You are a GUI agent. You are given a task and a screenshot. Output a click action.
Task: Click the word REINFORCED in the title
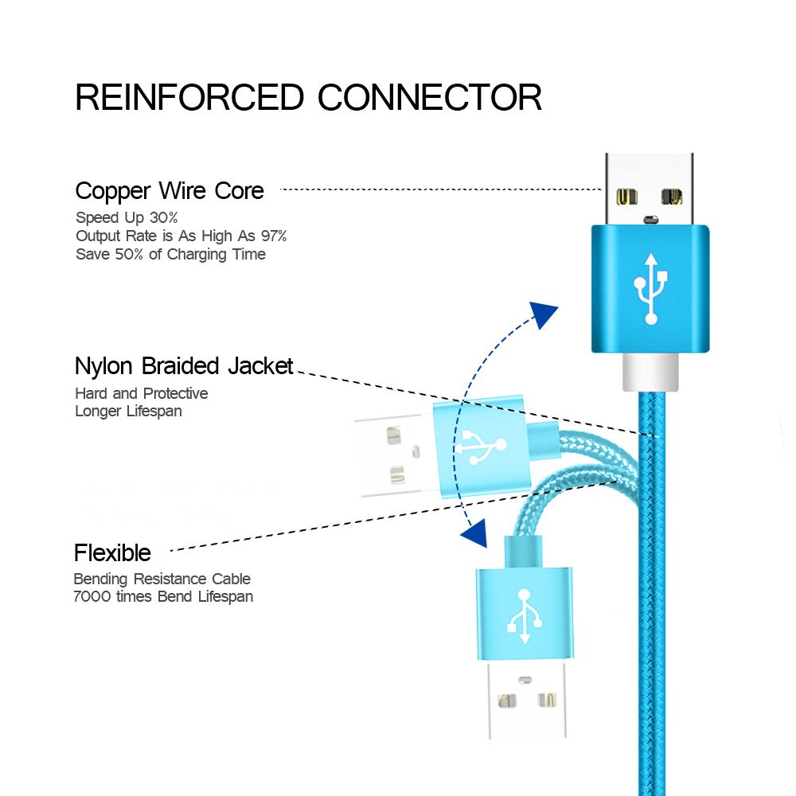(189, 97)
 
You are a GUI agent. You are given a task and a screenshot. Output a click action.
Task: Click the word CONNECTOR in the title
(430, 97)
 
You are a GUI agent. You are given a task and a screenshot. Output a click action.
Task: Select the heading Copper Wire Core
(170, 191)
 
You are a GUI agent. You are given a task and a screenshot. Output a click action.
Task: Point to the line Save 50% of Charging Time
(170, 255)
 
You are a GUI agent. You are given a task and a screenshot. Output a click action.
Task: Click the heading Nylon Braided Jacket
(184, 366)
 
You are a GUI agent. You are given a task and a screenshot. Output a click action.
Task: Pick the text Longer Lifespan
(128, 412)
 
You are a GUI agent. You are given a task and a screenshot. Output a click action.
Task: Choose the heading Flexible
(112, 552)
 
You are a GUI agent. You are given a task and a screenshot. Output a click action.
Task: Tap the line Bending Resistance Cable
(162, 579)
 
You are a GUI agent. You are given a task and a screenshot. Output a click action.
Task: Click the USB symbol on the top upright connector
(651, 288)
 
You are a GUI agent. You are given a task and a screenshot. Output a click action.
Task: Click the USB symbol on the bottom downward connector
(525, 616)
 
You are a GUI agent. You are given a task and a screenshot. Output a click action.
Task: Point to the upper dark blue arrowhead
(544, 314)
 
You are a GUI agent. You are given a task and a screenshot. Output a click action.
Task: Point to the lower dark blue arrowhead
(475, 533)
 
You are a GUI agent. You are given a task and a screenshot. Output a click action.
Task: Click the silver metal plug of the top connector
(649, 189)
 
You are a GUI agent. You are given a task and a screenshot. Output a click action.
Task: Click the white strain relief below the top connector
(650, 372)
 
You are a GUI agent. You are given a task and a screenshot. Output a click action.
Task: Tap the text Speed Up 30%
(127, 217)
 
